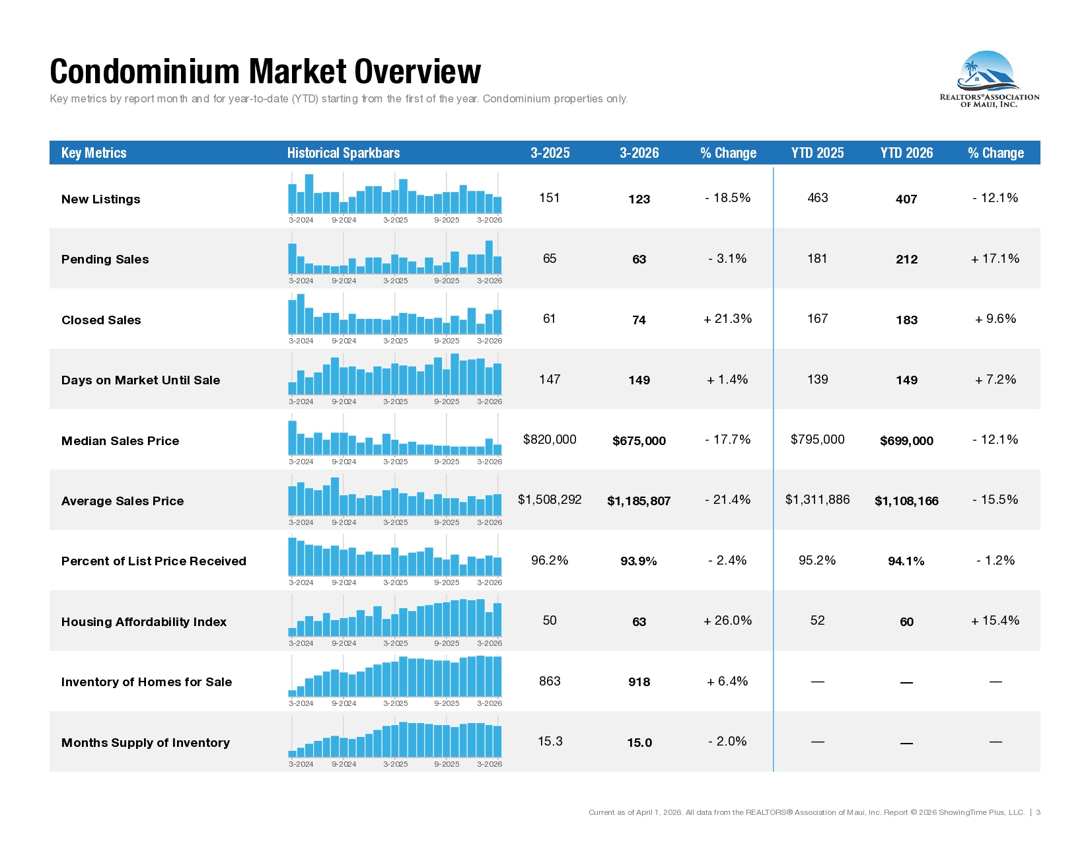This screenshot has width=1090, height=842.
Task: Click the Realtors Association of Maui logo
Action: [989, 79]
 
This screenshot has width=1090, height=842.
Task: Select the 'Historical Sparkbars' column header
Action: [343, 153]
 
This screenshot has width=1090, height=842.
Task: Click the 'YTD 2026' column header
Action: [906, 153]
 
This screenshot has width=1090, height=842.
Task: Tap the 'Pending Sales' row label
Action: [105, 260]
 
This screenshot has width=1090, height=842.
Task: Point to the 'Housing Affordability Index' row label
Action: [144, 622]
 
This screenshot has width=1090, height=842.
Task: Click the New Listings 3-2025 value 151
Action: [549, 197]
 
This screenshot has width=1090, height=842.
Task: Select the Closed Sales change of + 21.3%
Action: [727, 319]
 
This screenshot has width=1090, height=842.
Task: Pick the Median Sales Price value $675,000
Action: [639, 440]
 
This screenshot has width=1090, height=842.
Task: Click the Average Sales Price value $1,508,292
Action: [550, 499]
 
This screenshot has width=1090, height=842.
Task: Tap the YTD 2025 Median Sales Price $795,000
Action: [818, 439]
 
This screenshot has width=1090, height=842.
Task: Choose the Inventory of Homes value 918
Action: [639, 682]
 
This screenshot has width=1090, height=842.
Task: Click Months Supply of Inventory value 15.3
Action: [550, 741]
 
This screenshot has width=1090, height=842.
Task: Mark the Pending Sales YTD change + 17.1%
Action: [995, 259]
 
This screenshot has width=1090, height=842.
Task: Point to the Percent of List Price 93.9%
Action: [639, 561]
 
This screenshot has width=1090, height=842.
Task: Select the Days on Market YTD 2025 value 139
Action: [818, 379]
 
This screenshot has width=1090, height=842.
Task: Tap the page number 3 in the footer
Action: [1038, 812]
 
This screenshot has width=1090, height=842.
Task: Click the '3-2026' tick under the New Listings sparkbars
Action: [490, 220]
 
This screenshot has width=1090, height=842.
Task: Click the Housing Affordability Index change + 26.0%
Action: [727, 621]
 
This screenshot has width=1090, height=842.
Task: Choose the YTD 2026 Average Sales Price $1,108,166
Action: [906, 501]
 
